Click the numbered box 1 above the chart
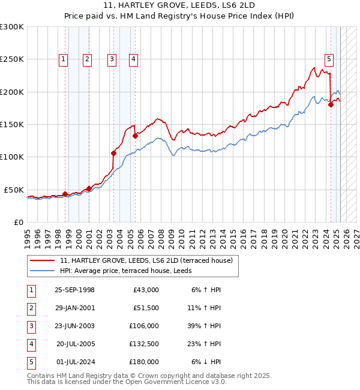(64, 59)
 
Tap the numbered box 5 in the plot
(329, 59)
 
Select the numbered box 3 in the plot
(112, 59)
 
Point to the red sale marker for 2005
(135, 136)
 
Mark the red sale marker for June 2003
(113, 153)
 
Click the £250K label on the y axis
(11, 59)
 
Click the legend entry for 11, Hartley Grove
(149, 260)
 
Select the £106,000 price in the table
(144, 326)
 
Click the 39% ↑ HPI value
(203, 326)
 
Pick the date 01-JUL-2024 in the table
(74, 362)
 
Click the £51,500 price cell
(146, 308)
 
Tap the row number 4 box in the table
(30, 344)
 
